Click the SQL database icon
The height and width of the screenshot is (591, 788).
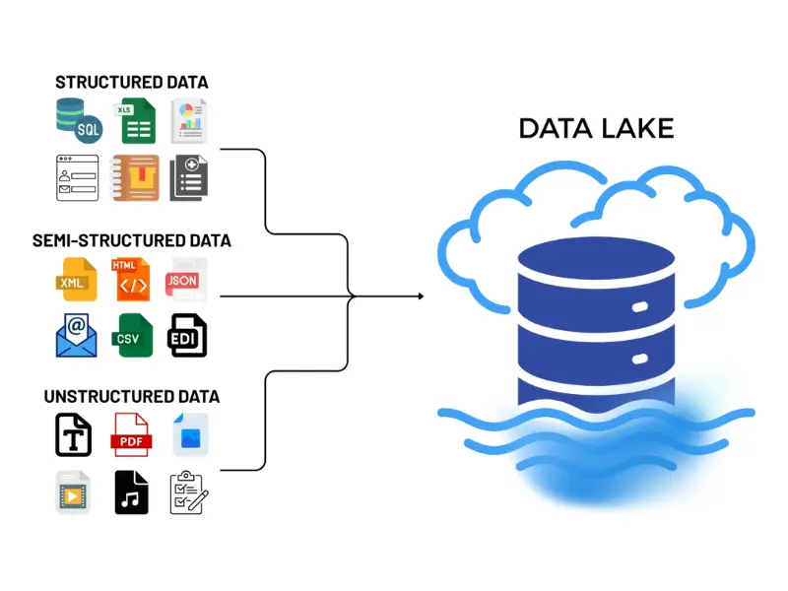(x=77, y=121)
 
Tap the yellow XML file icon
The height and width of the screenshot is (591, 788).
(x=77, y=279)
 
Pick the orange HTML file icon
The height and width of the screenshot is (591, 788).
(x=132, y=279)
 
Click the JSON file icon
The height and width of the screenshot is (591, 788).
(x=185, y=279)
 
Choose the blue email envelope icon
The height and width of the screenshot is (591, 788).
(x=77, y=335)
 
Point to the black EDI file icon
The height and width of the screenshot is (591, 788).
(x=187, y=335)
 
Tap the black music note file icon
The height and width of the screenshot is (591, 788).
(x=131, y=491)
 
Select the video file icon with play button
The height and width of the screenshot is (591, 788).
(x=74, y=491)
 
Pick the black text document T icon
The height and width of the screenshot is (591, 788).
(x=74, y=434)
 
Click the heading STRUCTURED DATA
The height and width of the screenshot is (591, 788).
(x=131, y=83)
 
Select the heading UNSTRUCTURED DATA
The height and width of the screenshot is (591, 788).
(x=131, y=397)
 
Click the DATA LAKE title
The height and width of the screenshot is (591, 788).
(x=596, y=129)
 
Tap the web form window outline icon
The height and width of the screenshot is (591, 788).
(x=77, y=178)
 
